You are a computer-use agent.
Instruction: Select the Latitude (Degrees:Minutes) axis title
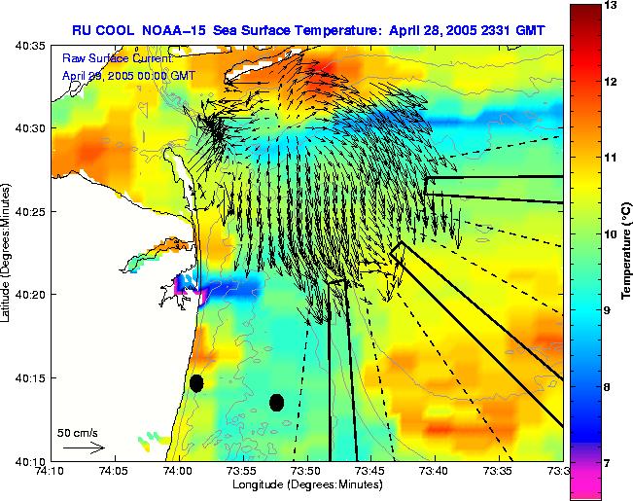click(x=8, y=251)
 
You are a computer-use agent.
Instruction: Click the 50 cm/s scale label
click(x=78, y=432)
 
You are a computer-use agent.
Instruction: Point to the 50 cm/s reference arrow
click(x=83, y=447)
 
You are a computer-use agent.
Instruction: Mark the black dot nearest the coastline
click(x=196, y=383)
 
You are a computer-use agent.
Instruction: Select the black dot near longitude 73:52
click(x=277, y=402)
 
